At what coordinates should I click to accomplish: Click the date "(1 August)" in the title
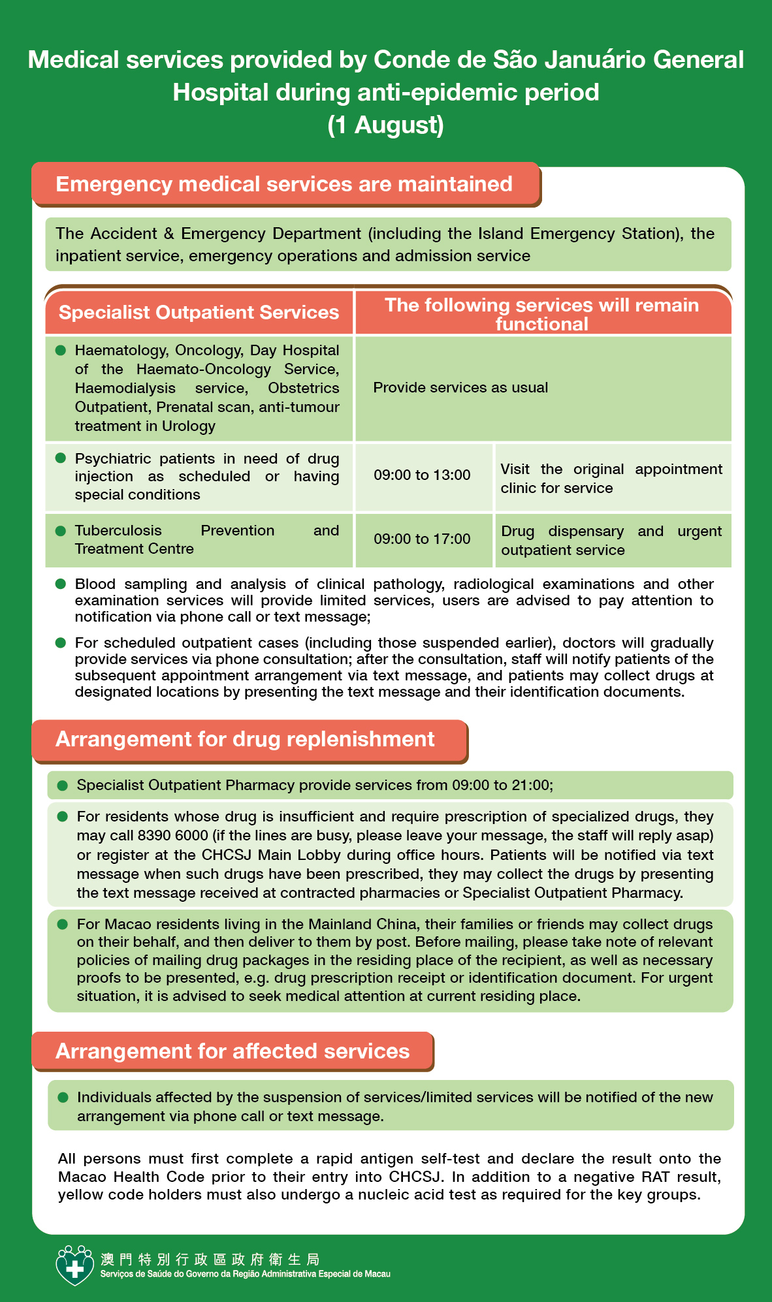pyautogui.click(x=385, y=125)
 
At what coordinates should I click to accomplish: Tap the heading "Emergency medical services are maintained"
pyautogui.click(x=284, y=184)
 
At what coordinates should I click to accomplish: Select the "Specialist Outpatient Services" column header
pyautogui.click(x=199, y=312)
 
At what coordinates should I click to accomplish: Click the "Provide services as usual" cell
pyautogui.click(x=460, y=388)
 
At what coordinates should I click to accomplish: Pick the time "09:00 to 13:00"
pyautogui.click(x=422, y=475)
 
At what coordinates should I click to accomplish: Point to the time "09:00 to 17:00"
pyautogui.click(x=422, y=539)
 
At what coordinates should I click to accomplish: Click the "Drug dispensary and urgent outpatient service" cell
pyautogui.click(x=611, y=541)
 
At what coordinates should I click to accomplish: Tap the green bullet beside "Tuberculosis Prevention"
pyautogui.click(x=61, y=531)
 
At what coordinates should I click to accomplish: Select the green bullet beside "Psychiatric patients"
pyautogui.click(x=61, y=458)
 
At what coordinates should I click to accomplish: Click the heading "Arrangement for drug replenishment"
pyautogui.click(x=245, y=739)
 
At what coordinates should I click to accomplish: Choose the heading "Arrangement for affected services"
pyautogui.click(x=233, y=1051)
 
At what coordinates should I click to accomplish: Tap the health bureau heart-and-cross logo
pyautogui.click(x=75, y=1265)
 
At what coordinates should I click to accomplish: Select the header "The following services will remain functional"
pyautogui.click(x=541, y=314)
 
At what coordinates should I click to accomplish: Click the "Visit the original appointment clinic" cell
pyautogui.click(x=611, y=479)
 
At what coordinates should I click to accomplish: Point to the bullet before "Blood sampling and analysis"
pyautogui.click(x=61, y=584)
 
